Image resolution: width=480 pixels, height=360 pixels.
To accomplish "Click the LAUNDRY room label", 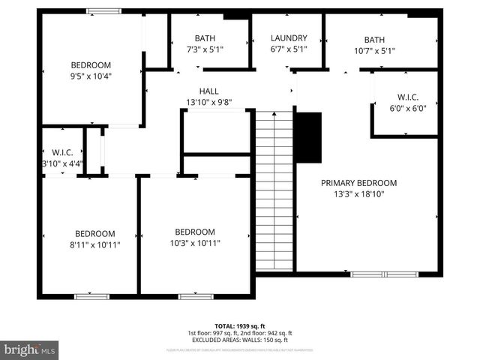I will click(x=289, y=38).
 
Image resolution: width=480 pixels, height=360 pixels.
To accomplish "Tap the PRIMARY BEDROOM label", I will click(x=359, y=183).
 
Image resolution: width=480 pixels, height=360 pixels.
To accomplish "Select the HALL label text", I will click(x=209, y=91).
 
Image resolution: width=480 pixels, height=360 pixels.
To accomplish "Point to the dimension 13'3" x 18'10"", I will click(x=359, y=194).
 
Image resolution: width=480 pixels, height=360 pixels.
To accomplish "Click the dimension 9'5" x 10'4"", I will click(x=91, y=76).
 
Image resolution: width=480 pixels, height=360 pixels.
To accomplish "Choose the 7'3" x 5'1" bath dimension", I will click(x=205, y=50).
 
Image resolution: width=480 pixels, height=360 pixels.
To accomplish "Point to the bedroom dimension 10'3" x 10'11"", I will click(x=195, y=243).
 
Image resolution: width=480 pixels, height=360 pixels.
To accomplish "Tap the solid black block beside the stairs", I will click(x=307, y=137).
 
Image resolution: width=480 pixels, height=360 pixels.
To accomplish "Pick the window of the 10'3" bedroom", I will click(x=195, y=297).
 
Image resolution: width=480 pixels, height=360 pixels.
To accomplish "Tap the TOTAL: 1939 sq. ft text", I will click(x=239, y=325).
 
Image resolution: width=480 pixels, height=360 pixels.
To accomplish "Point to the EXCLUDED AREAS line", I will click(x=239, y=340).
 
